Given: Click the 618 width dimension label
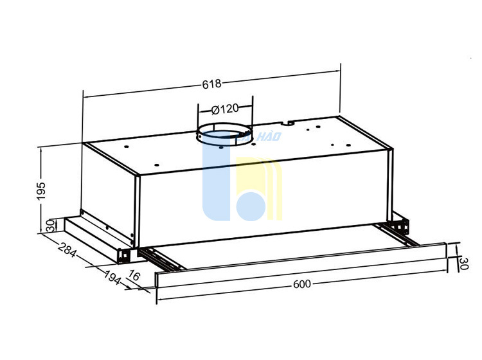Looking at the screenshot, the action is click(x=211, y=84).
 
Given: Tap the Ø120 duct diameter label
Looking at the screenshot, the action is click(x=225, y=109).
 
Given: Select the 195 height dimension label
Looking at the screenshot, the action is click(x=41, y=191).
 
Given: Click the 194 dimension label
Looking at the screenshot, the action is click(x=112, y=277).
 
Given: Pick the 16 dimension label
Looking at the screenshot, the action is click(x=134, y=275).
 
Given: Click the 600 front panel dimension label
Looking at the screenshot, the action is click(x=302, y=284).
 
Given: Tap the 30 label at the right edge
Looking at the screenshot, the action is click(x=463, y=264).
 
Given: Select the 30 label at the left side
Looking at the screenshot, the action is click(x=51, y=226).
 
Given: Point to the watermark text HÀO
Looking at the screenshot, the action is click(x=269, y=136).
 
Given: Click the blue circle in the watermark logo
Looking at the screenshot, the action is click(x=251, y=206).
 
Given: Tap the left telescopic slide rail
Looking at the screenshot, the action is click(x=160, y=260).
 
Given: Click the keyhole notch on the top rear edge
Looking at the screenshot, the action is click(x=288, y=123).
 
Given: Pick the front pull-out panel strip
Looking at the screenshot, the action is click(x=301, y=265).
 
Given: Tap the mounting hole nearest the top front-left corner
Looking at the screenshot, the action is click(x=126, y=147).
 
